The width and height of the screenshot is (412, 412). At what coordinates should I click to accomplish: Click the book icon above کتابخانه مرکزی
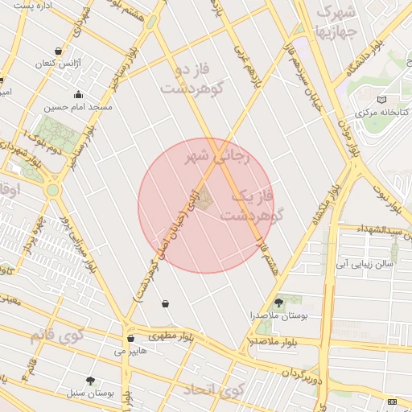[381, 100]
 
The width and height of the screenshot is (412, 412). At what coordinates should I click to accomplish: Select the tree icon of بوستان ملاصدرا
[278, 303]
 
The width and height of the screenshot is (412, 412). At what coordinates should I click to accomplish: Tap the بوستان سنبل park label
[89, 393]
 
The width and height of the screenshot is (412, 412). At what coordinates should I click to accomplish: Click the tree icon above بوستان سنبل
[89, 381]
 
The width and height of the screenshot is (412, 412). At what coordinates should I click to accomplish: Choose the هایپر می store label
[130, 352]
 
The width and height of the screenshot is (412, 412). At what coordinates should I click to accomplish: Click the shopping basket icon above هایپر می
[130, 339]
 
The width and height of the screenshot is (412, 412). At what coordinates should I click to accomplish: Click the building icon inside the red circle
[202, 195]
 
